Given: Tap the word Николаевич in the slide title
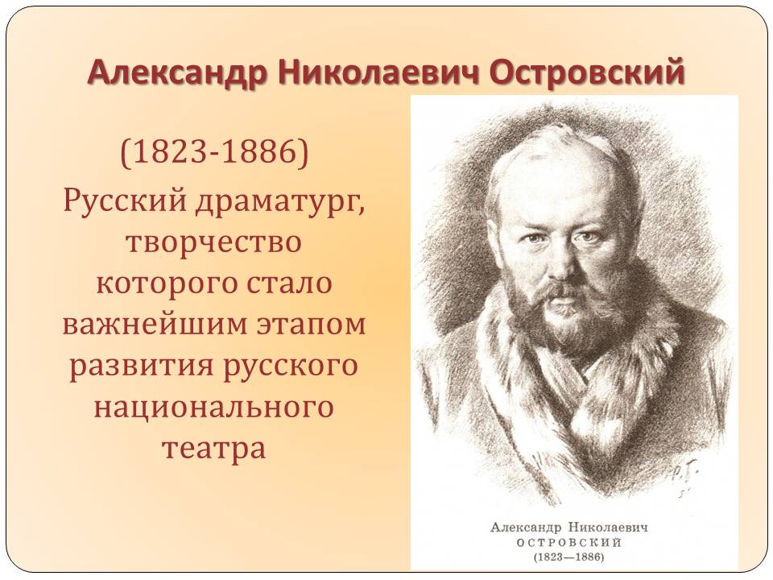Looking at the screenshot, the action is pos(378,72).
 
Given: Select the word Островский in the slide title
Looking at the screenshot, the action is pos(588,72).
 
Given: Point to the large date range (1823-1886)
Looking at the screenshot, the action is pos(214,152).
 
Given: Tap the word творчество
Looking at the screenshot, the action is pos(214,242).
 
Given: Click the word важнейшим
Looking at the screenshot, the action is pos(155,325).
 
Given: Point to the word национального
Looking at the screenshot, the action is pos(214,408).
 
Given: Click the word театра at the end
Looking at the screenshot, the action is pos(214,449).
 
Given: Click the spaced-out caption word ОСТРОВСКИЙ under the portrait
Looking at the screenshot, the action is pos(569,543).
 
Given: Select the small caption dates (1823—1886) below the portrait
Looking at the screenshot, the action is pos(569,557).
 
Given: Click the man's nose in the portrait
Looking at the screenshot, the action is pos(562,261).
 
